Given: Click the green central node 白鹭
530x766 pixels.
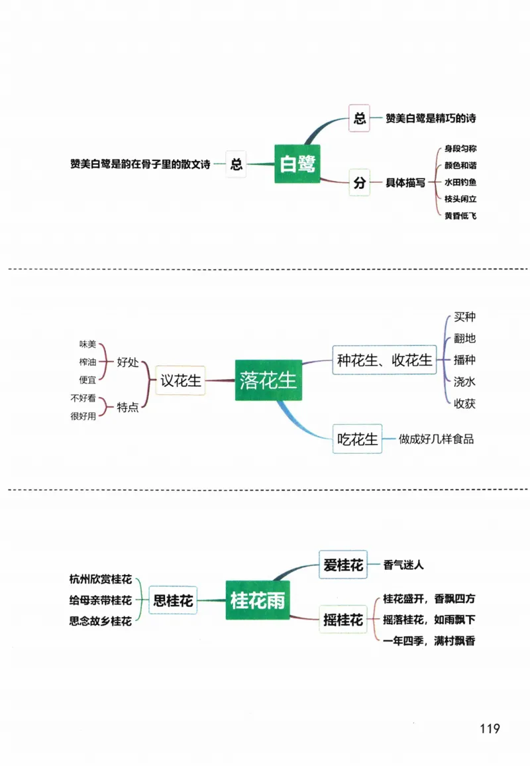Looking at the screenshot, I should point(297,164).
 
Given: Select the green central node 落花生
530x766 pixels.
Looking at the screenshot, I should point(268,380).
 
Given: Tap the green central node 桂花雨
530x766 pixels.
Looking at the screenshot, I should point(258,600).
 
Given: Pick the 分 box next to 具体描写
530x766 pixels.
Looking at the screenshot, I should point(359,184).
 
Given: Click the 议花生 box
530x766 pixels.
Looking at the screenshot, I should point(180,380).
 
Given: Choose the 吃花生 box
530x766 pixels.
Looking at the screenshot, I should point(357,439).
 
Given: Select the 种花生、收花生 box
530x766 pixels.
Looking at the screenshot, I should point(384,360).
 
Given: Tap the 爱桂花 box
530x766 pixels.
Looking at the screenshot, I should point(343,565).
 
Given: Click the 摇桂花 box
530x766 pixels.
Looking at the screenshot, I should point(343,620).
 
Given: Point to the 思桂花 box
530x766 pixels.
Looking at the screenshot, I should point(173,600).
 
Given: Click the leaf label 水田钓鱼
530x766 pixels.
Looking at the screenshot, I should point(460,182).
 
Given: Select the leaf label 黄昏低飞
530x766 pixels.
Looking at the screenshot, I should point(460,216).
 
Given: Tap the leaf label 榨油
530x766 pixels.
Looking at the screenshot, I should point(87,361).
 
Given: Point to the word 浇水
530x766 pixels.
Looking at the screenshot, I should point(464,382).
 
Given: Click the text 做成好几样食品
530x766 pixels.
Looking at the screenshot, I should point(437,439).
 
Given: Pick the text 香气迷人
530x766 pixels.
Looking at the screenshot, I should point(403,565).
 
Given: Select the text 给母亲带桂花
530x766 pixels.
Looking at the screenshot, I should point(100,600).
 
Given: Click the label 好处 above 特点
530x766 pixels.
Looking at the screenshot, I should point(128,362).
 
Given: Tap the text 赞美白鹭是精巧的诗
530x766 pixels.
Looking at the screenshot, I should point(431,119).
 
